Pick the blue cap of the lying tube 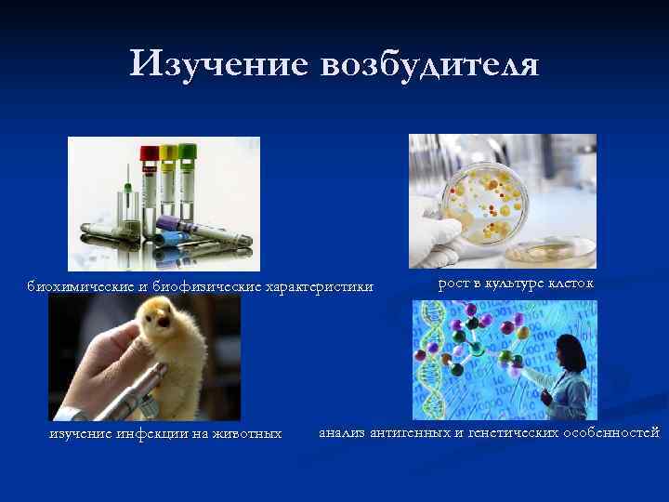coord(159,239)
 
